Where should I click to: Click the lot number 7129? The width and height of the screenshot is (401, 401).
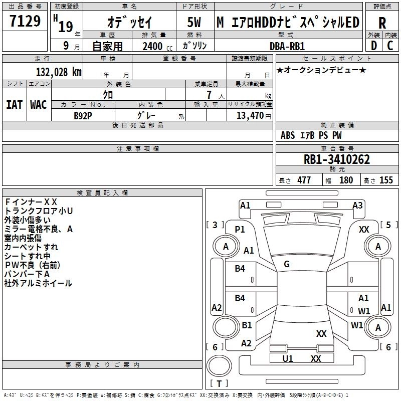(x=25, y=21)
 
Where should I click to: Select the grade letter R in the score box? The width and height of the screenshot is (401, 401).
(x=382, y=23)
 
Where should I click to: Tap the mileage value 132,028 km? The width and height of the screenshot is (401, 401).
(x=59, y=72)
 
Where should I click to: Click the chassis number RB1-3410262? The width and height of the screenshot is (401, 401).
(x=336, y=159)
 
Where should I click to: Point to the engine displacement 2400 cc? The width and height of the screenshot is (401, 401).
(x=157, y=46)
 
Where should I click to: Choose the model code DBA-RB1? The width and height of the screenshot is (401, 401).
(x=287, y=46)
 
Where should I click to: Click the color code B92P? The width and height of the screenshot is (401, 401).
(x=83, y=116)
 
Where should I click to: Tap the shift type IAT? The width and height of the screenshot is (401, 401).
(x=15, y=105)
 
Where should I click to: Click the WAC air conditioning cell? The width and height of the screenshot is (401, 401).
(x=39, y=105)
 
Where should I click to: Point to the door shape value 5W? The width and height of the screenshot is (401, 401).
(x=194, y=22)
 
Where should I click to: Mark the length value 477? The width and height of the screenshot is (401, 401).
(x=304, y=180)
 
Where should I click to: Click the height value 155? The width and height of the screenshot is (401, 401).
(x=386, y=180)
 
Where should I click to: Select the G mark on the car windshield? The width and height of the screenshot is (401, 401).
(x=287, y=264)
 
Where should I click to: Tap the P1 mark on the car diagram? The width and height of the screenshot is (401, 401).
(x=240, y=230)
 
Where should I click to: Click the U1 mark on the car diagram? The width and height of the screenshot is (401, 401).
(x=287, y=358)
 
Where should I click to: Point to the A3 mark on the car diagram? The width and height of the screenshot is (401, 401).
(x=357, y=206)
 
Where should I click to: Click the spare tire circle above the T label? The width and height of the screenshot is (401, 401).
(x=219, y=366)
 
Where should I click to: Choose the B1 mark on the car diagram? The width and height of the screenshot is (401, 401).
(x=247, y=325)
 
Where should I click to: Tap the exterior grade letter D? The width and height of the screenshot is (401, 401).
(x=374, y=46)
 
